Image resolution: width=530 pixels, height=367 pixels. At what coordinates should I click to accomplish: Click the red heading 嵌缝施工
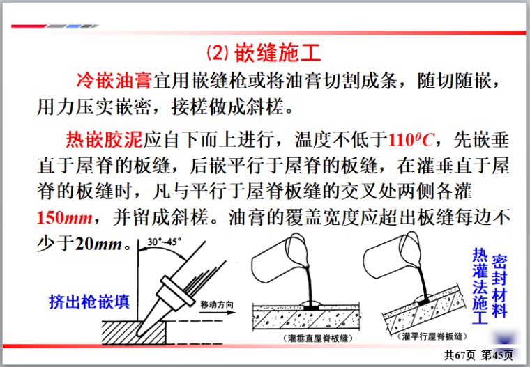click(278, 53)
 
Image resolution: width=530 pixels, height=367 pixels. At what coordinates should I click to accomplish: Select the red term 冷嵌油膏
click(114, 81)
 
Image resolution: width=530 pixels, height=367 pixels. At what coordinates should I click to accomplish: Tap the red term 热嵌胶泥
click(104, 139)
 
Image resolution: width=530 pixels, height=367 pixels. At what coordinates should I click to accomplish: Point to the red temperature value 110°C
click(410, 139)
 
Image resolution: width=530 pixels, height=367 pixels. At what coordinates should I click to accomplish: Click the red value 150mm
click(65, 217)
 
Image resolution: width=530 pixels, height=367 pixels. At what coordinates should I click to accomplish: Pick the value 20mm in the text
click(98, 244)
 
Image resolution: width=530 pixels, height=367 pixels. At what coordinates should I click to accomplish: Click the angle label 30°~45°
click(164, 242)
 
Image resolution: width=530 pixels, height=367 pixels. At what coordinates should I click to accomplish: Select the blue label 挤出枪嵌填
click(89, 302)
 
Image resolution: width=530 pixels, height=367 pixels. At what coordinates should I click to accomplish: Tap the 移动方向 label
click(217, 304)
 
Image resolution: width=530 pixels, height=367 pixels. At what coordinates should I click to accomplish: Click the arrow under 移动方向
click(217, 312)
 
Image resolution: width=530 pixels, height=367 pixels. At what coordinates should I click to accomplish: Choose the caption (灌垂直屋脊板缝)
click(318, 338)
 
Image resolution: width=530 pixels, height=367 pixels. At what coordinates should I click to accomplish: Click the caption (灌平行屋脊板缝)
click(432, 336)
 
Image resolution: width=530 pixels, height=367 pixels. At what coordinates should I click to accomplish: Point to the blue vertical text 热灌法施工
click(480, 286)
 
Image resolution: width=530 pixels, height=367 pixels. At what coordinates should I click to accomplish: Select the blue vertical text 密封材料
click(499, 286)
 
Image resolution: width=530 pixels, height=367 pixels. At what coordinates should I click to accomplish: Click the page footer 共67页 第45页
click(478, 355)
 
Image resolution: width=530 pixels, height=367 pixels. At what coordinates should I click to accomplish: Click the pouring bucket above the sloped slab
click(391, 256)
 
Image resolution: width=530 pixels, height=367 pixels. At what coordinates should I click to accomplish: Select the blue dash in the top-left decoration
click(74, 26)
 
